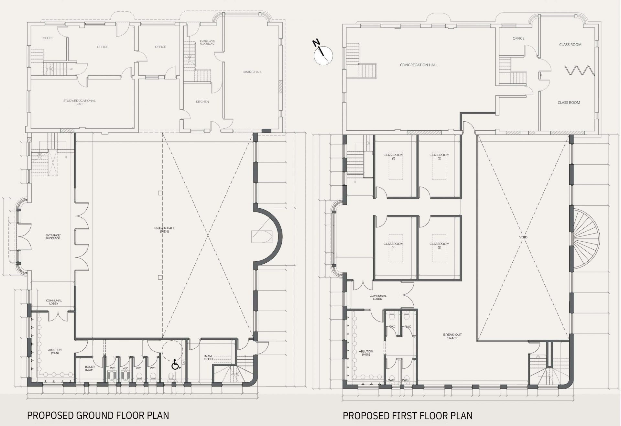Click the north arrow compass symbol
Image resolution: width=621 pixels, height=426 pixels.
click(x=323, y=54)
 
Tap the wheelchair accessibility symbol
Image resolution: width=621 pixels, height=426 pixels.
click(x=176, y=365)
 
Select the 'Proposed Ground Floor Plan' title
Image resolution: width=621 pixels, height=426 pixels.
click(x=98, y=415)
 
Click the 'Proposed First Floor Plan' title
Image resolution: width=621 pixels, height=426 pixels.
click(x=408, y=416)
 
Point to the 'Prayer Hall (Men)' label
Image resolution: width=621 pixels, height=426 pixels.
click(x=164, y=230)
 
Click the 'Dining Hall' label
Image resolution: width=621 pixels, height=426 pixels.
click(x=252, y=72)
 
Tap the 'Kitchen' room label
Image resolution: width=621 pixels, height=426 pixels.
click(x=202, y=102)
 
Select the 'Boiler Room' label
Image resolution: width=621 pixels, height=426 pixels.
click(x=90, y=368)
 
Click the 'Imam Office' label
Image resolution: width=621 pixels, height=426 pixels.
click(x=209, y=357)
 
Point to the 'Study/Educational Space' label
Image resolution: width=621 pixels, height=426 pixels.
click(x=80, y=102)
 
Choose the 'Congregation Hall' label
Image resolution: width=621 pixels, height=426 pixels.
click(x=419, y=65)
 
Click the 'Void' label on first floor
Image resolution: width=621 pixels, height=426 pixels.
click(x=523, y=237)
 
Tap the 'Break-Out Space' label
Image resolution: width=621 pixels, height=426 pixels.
click(x=452, y=336)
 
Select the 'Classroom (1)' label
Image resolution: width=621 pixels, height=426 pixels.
click(x=394, y=157)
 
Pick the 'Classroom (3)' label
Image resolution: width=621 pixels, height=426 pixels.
click(x=440, y=246)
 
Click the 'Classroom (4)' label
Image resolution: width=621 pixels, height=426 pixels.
click(x=394, y=246)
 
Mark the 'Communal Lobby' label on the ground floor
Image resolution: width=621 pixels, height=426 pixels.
click(x=54, y=302)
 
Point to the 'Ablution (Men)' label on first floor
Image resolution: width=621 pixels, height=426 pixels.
click(x=366, y=353)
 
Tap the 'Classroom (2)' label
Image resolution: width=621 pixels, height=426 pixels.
click(x=440, y=157)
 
